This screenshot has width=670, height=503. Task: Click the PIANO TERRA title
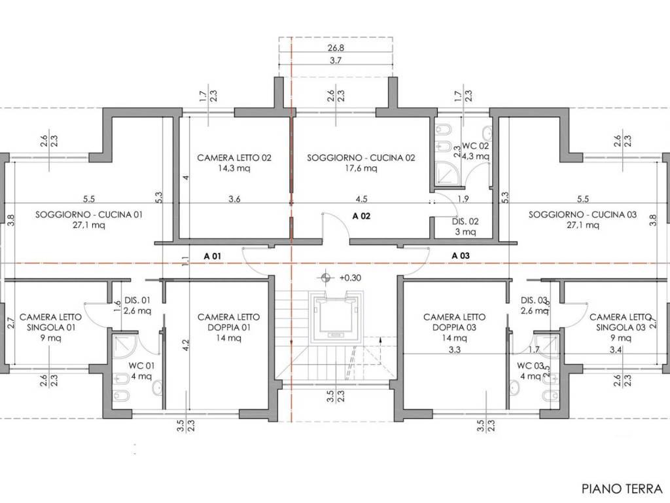point(622,489)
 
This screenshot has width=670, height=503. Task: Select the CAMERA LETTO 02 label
point(234,158)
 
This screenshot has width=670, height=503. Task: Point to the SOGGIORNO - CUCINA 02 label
point(361,158)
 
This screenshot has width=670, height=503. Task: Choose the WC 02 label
point(475,146)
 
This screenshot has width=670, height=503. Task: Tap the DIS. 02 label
point(465,221)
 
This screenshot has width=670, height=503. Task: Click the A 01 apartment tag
point(213,256)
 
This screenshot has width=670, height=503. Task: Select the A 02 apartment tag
point(361,216)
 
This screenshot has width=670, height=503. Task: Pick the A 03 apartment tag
point(461,256)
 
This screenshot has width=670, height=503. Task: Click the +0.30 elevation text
point(351,278)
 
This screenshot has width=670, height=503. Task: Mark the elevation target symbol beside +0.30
point(326,278)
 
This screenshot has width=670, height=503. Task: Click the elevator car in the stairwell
point(338,318)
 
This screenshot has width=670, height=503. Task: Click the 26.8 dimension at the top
point(336,48)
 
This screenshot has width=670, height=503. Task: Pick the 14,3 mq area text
point(234,168)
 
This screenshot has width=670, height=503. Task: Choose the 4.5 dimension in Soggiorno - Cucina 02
point(361,199)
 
